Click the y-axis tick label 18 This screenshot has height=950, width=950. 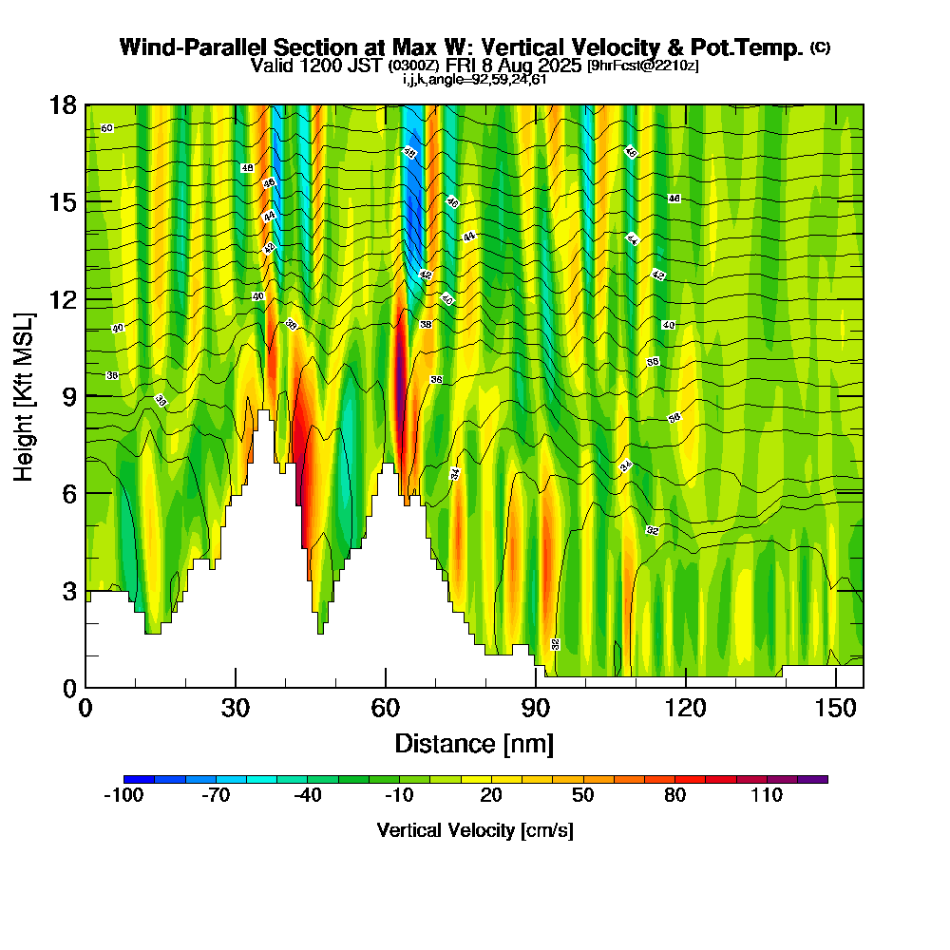63,104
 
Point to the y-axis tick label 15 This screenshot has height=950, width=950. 63,201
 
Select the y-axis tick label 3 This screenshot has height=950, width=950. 68,590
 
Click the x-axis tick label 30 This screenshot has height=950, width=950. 236,708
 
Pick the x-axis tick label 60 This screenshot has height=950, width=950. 386,708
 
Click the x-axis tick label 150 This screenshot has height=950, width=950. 835,708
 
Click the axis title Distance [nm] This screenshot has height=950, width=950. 474,743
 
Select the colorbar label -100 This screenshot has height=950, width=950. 123,796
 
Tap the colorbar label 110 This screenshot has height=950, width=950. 767,796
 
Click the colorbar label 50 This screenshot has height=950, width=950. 582,796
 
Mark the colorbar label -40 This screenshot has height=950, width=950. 307,796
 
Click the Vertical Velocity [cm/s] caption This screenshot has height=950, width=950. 474,830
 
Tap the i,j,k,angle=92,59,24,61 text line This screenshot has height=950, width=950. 474,79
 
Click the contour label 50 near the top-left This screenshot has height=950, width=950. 106,127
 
